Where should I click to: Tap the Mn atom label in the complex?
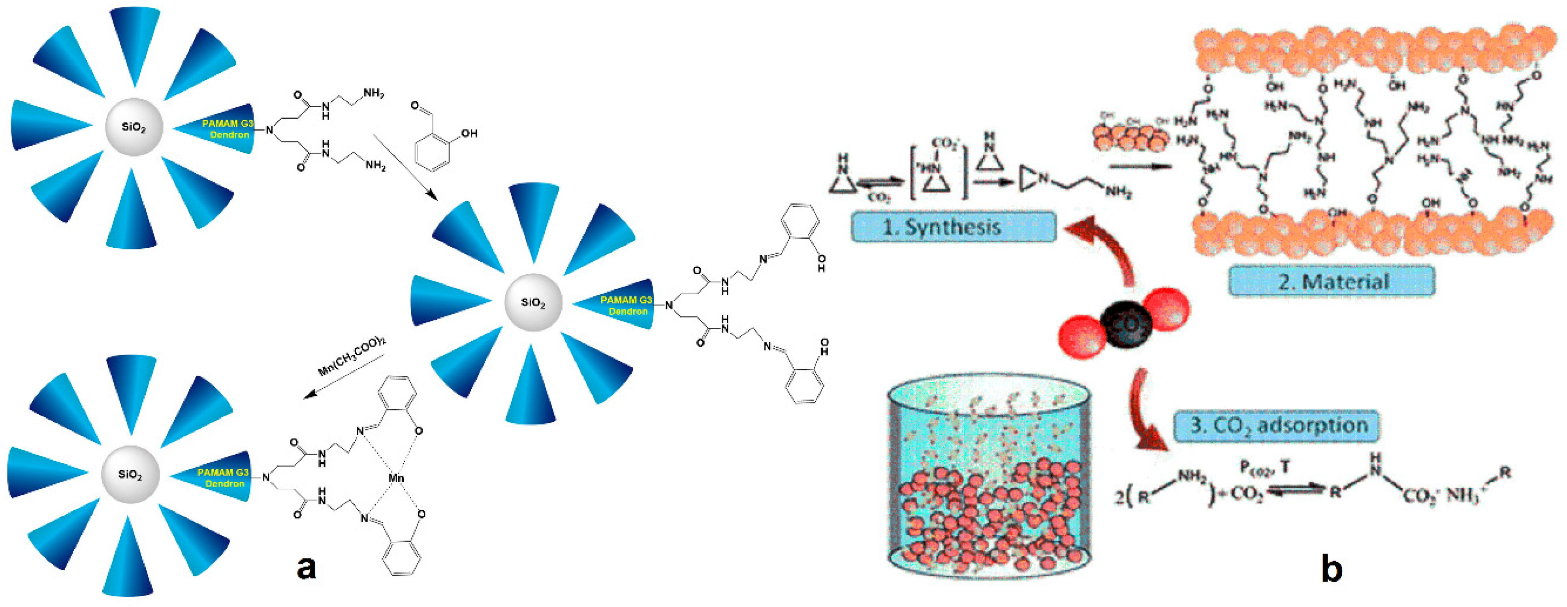tap(396, 478)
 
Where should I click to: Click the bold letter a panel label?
tap(306, 567)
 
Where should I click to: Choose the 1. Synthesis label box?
tap(953, 227)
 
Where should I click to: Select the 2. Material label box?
tap(1332, 281)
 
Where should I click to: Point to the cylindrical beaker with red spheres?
tap(988, 475)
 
